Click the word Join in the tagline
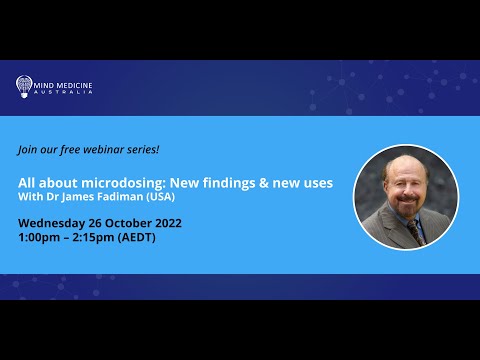[x=29, y=149]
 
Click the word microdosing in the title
[x=109, y=185]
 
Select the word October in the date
[x=130, y=222]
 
